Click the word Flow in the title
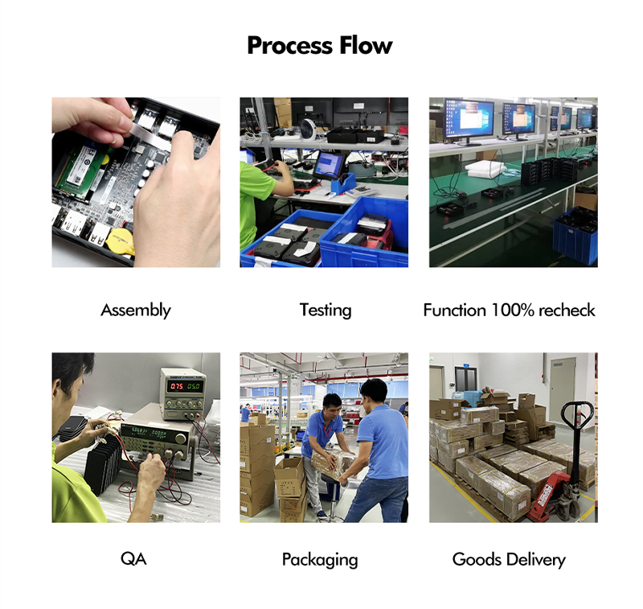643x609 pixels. click(x=366, y=45)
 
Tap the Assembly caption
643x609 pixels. click(x=136, y=310)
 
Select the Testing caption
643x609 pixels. click(x=326, y=310)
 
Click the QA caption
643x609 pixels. click(x=134, y=559)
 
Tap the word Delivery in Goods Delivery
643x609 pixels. click(x=533, y=559)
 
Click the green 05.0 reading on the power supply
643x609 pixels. click(x=194, y=386)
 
